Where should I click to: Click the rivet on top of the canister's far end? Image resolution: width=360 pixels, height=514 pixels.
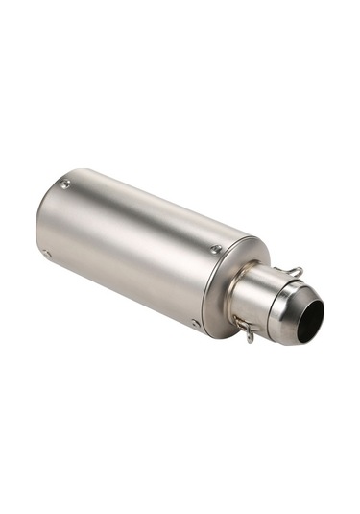tap(64, 184)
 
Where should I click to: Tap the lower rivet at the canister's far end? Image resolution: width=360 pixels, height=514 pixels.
tap(46, 255)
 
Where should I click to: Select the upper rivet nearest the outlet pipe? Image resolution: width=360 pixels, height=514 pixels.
tap(215, 250)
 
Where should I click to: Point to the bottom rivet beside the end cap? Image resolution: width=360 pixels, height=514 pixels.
tap(196, 324)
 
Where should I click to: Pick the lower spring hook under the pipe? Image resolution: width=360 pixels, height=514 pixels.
tap(248, 330)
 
